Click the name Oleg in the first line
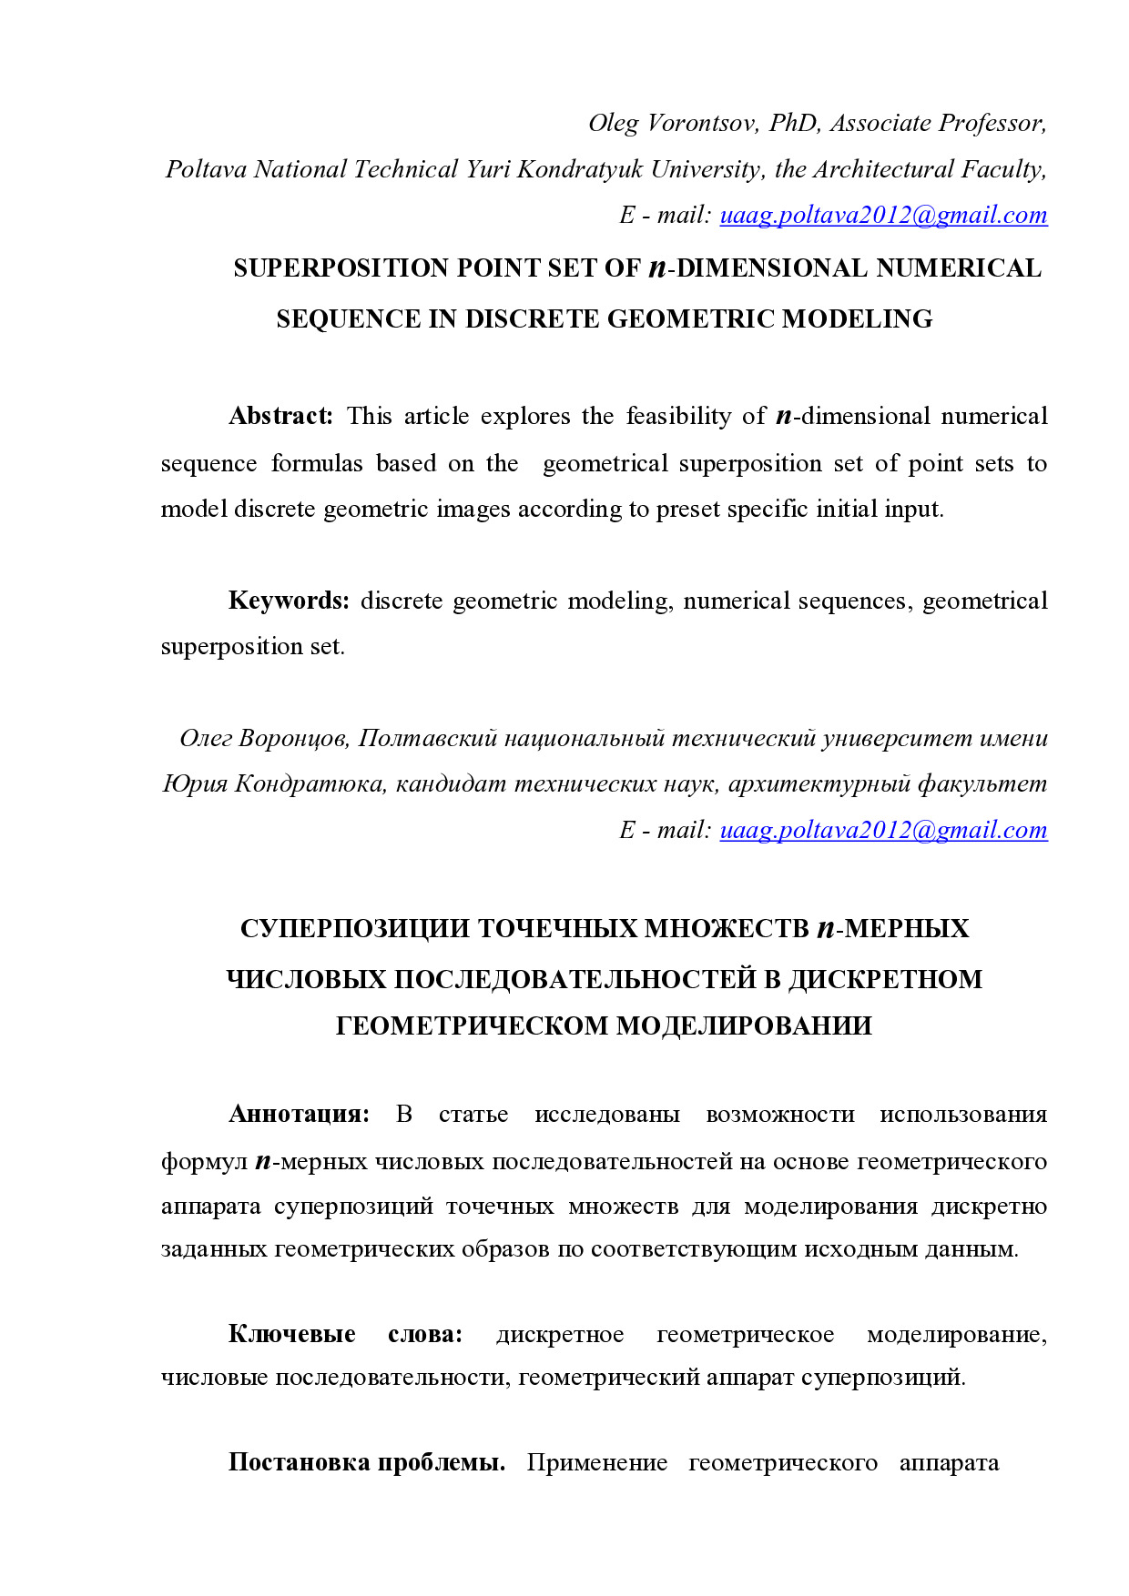[613, 123]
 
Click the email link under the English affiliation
[883, 215]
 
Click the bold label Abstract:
[281, 416]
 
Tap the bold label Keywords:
[289, 601]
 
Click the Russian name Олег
[206, 738]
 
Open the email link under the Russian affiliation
[883, 830]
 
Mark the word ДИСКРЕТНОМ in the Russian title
[885, 980]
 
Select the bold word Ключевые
[291, 1335]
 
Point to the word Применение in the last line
[596, 1463]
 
